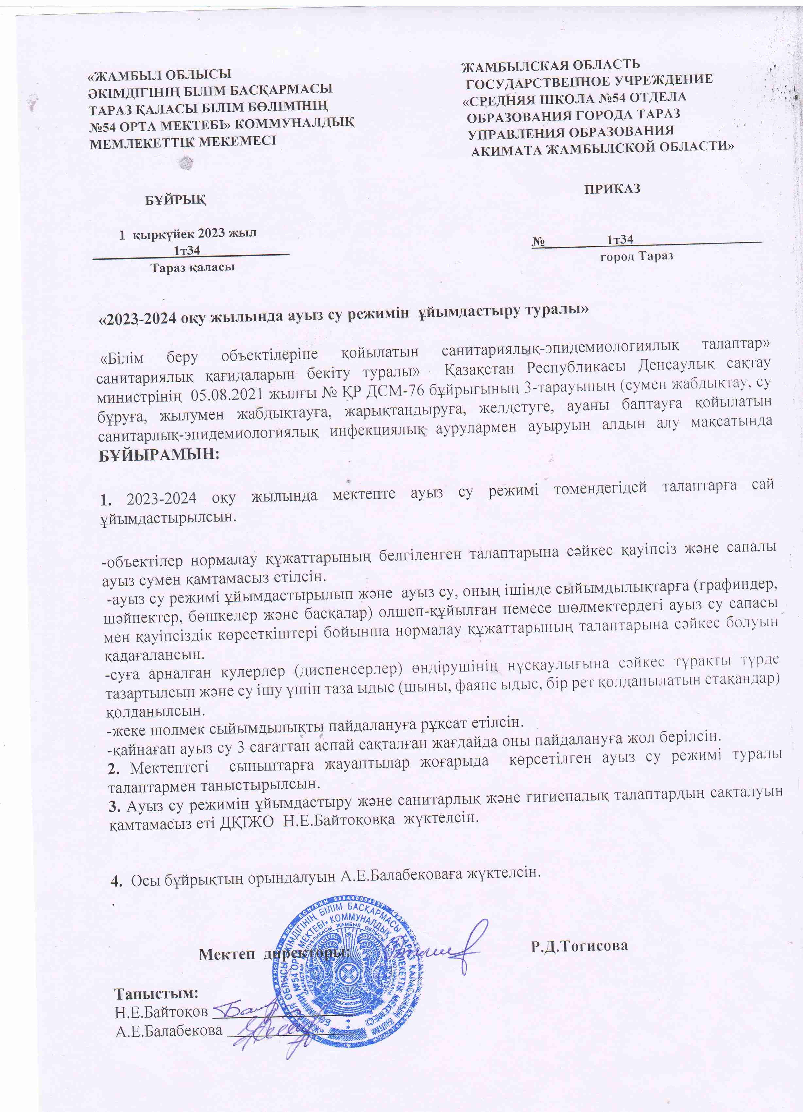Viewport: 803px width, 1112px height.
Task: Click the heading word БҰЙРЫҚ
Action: (176, 200)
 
